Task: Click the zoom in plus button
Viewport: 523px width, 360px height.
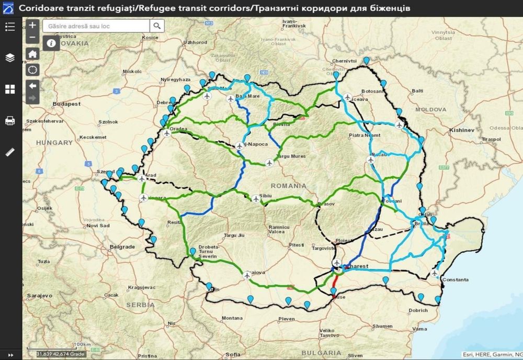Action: tap(32, 25)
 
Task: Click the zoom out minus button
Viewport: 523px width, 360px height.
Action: tap(32, 37)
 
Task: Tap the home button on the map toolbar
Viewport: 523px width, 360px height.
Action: tap(32, 53)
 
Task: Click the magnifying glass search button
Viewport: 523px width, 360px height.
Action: tap(157, 26)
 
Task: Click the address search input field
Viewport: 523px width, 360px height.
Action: tap(97, 26)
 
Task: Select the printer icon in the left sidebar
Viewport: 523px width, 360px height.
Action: tap(10, 121)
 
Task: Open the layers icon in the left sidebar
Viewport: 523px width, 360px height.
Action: tap(10, 58)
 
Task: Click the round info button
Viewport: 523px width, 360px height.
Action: tap(51, 43)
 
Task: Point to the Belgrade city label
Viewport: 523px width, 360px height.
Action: tap(122, 246)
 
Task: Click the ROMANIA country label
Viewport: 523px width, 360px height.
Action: tap(289, 186)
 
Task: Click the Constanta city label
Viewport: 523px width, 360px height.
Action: tap(455, 280)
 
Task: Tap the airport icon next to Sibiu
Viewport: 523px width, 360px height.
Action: tap(256, 198)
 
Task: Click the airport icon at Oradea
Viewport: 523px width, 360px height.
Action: tap(167, 133)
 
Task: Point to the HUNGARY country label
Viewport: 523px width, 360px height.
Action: tap(54, 142)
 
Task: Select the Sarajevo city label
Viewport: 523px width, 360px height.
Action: tap(40, 296)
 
